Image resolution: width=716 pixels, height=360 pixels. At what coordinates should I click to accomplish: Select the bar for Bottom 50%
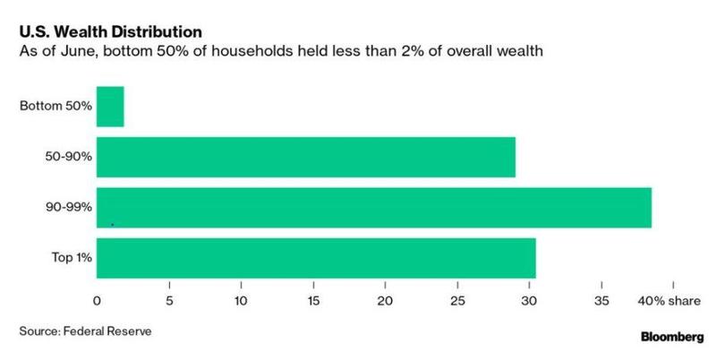coord(110,107)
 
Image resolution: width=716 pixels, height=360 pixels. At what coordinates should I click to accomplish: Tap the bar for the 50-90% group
coord(305,158)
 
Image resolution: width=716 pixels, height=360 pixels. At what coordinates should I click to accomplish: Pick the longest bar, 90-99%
coord(373,209)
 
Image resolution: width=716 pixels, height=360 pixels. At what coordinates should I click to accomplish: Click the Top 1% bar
coord(316,259)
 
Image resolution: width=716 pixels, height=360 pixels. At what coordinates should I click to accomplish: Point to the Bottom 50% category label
coord(55,107)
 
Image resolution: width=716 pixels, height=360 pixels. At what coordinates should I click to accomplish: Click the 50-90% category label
coord(68,158)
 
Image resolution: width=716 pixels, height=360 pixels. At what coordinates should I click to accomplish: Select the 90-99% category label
coord(68,209)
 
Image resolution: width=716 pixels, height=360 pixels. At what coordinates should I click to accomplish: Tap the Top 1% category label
coord(71,259)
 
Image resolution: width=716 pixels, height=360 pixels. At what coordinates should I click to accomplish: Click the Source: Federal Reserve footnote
coord(85,331)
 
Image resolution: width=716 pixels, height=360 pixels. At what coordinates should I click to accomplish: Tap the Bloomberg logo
coord(671,339)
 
